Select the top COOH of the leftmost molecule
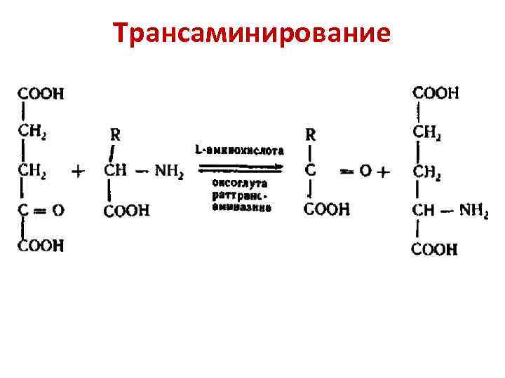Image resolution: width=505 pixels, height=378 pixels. [x=39, y=92]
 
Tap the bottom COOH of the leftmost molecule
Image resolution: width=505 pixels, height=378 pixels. [x=41, y=245]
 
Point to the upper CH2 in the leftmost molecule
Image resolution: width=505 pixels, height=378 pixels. [x=32, y=130]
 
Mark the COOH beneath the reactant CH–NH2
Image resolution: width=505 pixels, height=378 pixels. [x=126, y=211]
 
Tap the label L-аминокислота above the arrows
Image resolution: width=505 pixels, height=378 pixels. [x=239, y=150]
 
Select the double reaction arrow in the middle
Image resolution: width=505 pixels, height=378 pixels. [x=239, y=167]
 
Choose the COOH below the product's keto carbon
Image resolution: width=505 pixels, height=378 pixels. [x=326, y=210]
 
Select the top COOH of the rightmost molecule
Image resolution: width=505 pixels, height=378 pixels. [x=436, y=92]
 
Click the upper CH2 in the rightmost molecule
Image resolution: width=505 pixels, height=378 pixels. [x=427, y=132]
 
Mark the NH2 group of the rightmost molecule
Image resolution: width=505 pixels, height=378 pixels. [x=473, y=210]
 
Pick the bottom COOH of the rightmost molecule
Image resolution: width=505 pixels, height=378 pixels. [x=434, y=248]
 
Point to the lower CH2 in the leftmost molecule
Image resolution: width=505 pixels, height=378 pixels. [x=32, y=169]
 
